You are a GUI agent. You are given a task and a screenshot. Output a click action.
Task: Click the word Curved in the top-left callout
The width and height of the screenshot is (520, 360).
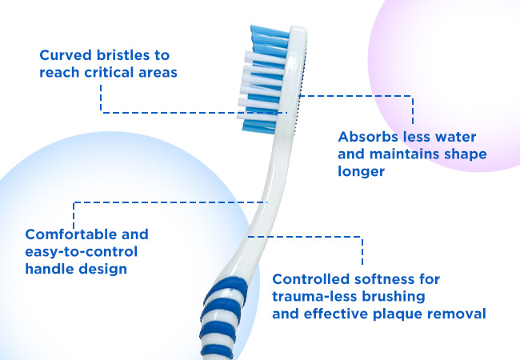[66, 55]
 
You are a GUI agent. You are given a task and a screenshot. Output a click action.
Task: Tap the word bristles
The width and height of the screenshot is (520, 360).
[123, 55]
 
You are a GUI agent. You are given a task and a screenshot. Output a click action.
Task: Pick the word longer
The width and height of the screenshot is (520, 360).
[361, 171]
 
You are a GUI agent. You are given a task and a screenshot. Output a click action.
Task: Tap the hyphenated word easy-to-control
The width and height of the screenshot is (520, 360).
[82, 252]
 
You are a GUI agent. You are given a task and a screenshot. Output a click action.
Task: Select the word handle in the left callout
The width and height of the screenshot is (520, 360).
[50, 269]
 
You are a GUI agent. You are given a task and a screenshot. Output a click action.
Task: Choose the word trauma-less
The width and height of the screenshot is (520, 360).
[314, 296]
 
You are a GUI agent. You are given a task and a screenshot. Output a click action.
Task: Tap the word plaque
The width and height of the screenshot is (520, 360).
[398, 314]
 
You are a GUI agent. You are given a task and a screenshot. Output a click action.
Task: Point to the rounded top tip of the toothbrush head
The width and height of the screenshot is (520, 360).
[298, 29]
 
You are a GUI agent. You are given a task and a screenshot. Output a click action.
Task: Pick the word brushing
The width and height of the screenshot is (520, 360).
[394, 297]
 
